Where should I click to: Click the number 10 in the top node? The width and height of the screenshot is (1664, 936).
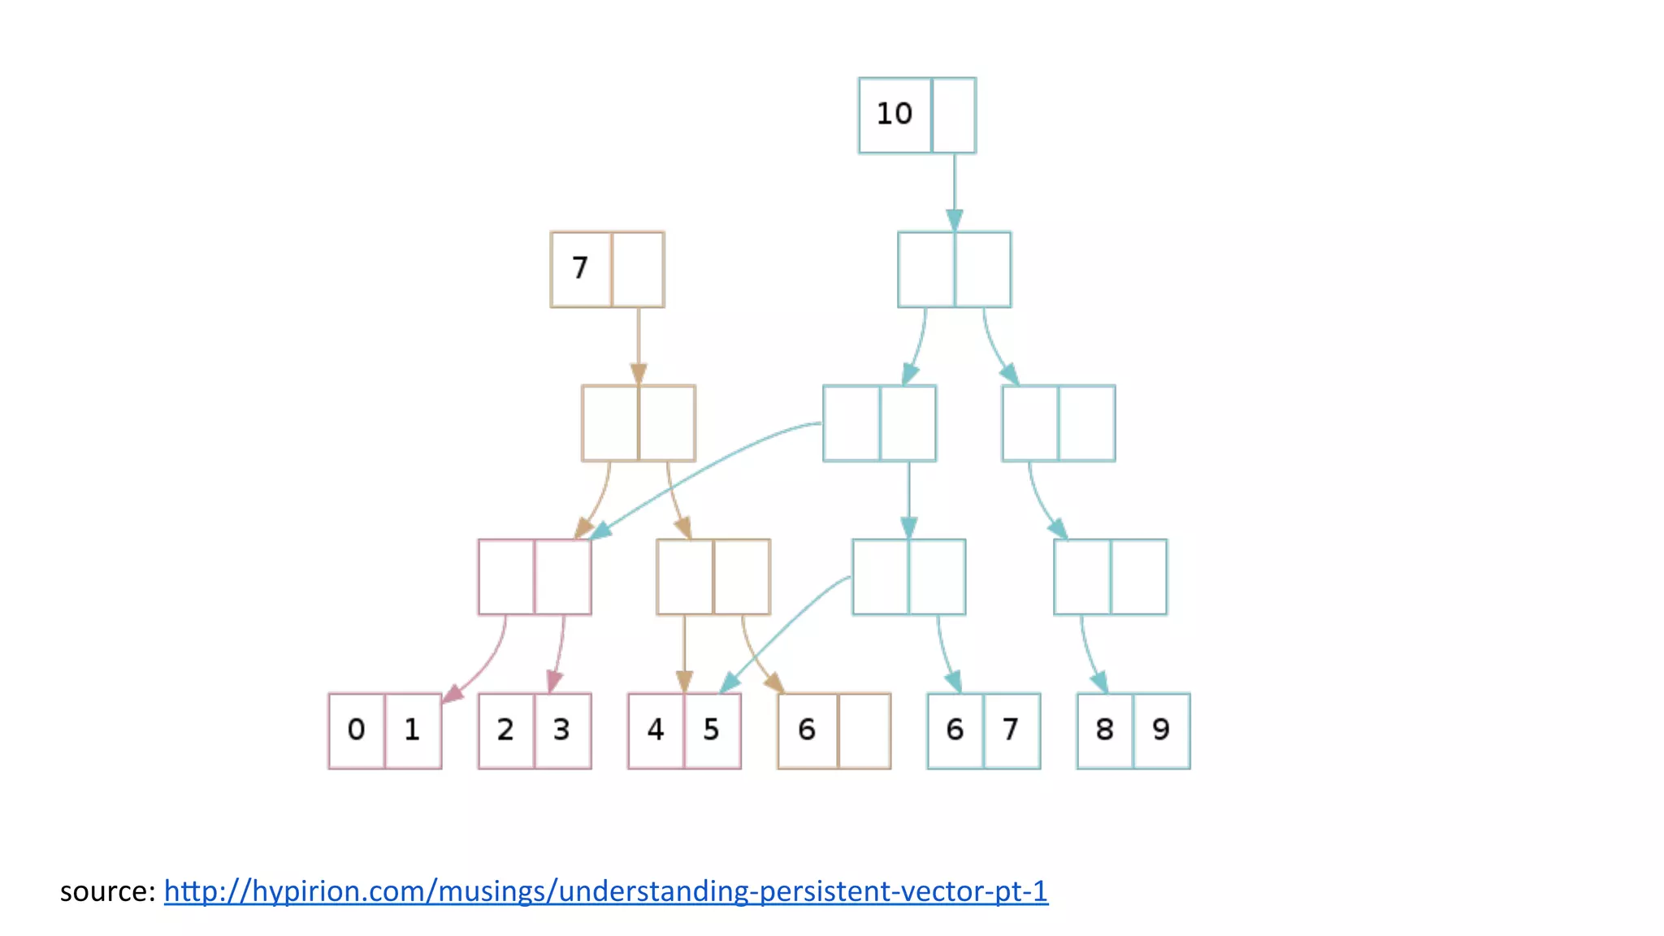(x=895, y=114)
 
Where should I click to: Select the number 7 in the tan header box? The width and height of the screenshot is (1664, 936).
(x=580, y=268)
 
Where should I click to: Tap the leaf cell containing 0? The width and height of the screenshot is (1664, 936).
(x=356, y=730)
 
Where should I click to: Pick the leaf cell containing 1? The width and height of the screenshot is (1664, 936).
(x=413, y=730)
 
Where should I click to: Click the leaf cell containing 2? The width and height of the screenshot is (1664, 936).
(x=505, y=730)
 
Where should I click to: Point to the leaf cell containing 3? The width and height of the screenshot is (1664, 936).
(x=562, y=730)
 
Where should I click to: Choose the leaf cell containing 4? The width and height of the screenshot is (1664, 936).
(x=656, y=730)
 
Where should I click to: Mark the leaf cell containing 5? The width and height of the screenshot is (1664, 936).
(x=712, y=730)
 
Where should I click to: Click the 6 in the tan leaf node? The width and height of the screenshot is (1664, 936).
(x=807, y=730)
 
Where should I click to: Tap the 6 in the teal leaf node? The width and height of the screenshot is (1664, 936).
(x=955, y=730)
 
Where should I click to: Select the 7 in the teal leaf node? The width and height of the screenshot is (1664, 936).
(x=1012, y=730)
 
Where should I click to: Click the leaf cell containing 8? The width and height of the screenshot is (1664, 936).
(x=1105, y=730)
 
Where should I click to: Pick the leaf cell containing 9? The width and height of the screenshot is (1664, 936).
(x=1161, y=730)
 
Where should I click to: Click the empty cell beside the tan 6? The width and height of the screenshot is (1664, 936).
(x=864, y=730)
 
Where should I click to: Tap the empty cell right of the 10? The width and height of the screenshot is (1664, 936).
(x=954, y=115)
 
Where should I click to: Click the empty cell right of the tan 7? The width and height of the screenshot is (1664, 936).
(x=638, y=269)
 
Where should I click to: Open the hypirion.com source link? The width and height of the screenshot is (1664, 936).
(x=605, y=891)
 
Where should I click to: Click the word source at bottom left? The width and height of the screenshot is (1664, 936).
(x=106, y=892)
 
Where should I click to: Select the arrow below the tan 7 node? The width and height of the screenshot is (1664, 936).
(x=639, y=346)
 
